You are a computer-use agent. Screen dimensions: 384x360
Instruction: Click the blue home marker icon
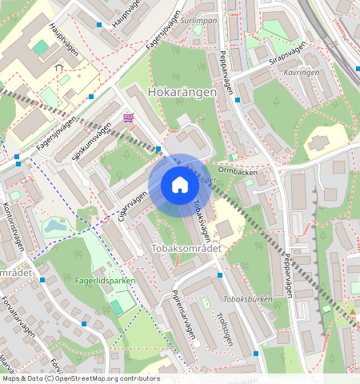180,186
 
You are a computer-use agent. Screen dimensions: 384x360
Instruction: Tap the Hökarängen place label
182,93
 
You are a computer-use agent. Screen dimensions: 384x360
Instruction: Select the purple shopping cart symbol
128,118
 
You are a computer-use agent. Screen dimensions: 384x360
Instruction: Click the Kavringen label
302,71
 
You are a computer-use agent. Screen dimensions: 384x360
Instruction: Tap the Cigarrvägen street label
134,206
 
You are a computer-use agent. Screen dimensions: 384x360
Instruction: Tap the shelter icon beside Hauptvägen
58,69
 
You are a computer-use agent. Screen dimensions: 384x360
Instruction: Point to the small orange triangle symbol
352,311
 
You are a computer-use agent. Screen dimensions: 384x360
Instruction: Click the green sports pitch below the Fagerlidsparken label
117,306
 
